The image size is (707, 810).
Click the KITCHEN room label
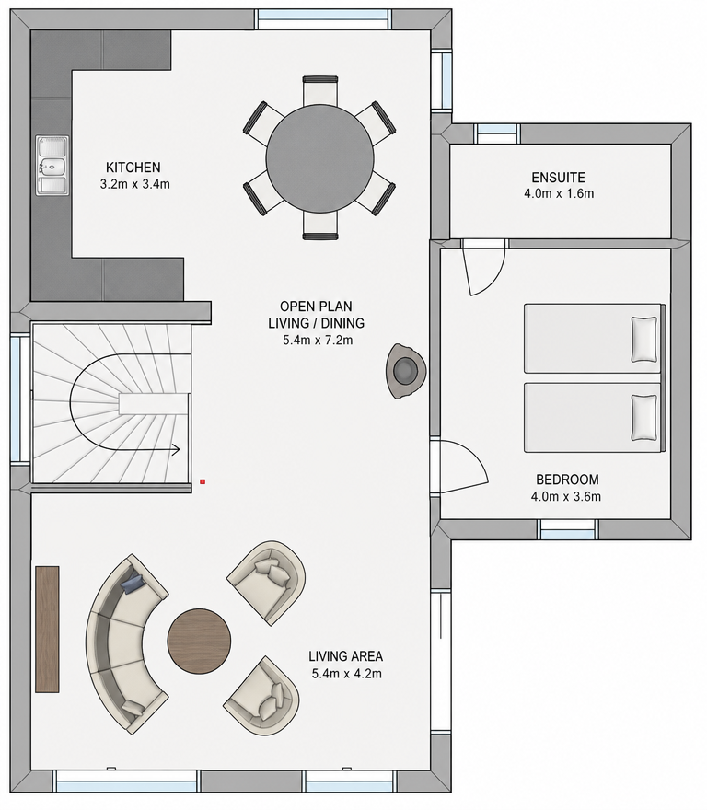pyautogui.click(x=133, y=168)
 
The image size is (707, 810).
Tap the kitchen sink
pyautogui.click(x=52, y=166)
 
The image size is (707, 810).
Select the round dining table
pyautogui.click(x=319, y=158)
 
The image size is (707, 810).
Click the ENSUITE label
pyautogui.click(x=558, y=178)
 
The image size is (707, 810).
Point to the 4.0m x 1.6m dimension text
pyautogui.click(x=558, y=193)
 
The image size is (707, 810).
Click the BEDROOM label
pyautogui.click(x=567, y=480)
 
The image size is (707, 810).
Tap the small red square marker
pyautogui.click(x=203, y=481)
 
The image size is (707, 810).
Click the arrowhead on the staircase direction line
pyautogui.click(x=176, y=450)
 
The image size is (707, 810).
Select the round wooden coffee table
pyautogui.click(x=199, y=641)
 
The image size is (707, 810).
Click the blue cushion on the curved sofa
pyautogui.click(x=133, y=583)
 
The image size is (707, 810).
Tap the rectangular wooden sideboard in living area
pyautogui.click(x=47, y=630)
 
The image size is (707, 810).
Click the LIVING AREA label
pyautogui.click(x=346, y=656)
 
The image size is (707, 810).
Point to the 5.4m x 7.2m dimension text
pyautogui.click(x=318, y=341)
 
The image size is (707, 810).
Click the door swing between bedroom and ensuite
pyautogui.click(x=483, y=267)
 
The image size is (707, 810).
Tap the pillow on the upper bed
pyautogui.click(x=644, y=340)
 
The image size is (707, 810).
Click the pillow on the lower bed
pyautogui.click(x=644, y=417)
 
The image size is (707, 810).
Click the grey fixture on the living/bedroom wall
pyautogui.click(x=406, y=370)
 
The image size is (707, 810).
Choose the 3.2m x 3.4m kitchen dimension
pyautogui.click(x=135, y=184)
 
